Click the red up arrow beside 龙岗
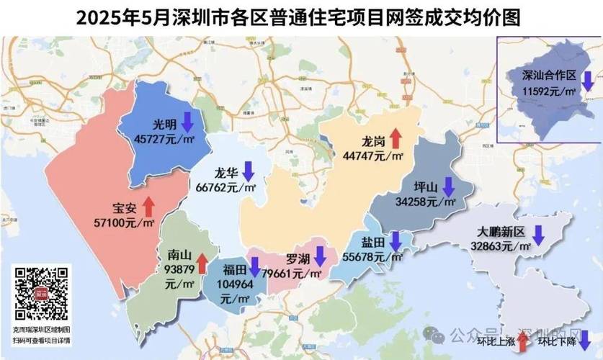coord(395,138)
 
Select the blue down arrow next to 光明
coord(186,120)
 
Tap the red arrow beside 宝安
coord(148,206)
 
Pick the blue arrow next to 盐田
coord(395,240)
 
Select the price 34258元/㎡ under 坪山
coord(425,203)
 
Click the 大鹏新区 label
coord(501,232)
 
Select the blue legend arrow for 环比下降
coord(584,339)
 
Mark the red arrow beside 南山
coord(202,263)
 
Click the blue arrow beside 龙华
coord(248,171)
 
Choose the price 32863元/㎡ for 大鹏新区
coord(500,246)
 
